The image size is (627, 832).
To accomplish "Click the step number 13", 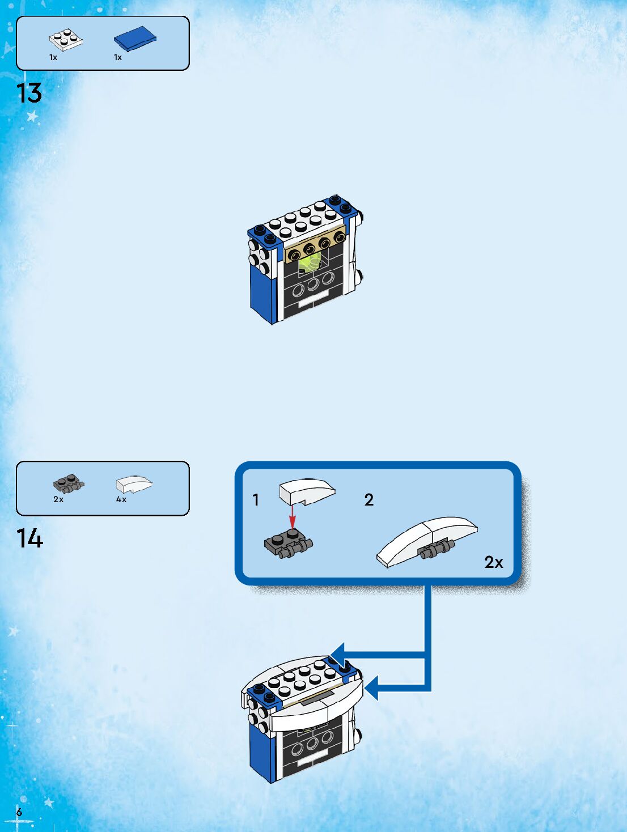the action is click(x=29, y=94).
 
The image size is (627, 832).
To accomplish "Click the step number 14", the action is click(x=29, y=538).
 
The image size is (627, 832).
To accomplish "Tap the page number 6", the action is click(x=19, y=812).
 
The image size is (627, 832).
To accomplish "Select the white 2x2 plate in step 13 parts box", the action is click(x=66, y=39).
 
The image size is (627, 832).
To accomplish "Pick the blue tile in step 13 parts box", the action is click(x=135, y=39).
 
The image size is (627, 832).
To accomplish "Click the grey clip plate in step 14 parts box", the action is click(x=69, y=484).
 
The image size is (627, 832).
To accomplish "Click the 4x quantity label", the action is click(x=121, y=500).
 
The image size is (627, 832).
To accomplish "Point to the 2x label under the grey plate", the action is click(x=58, y=500).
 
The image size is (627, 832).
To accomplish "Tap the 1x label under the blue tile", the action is click(x=118, y=57).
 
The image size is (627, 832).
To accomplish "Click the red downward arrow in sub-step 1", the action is click(x=293, y=516).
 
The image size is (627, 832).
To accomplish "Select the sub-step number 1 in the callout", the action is click(x=256, y=500).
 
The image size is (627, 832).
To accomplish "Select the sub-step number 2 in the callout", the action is click(x=369, y=500).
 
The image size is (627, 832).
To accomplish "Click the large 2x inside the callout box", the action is click(x=494, y=562).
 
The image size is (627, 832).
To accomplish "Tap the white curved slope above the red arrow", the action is click(x=307, y=491).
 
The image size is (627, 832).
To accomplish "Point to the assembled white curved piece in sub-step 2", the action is click(x=427, y=539).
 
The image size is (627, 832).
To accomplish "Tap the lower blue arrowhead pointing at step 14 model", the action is click(x=375, y=689).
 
